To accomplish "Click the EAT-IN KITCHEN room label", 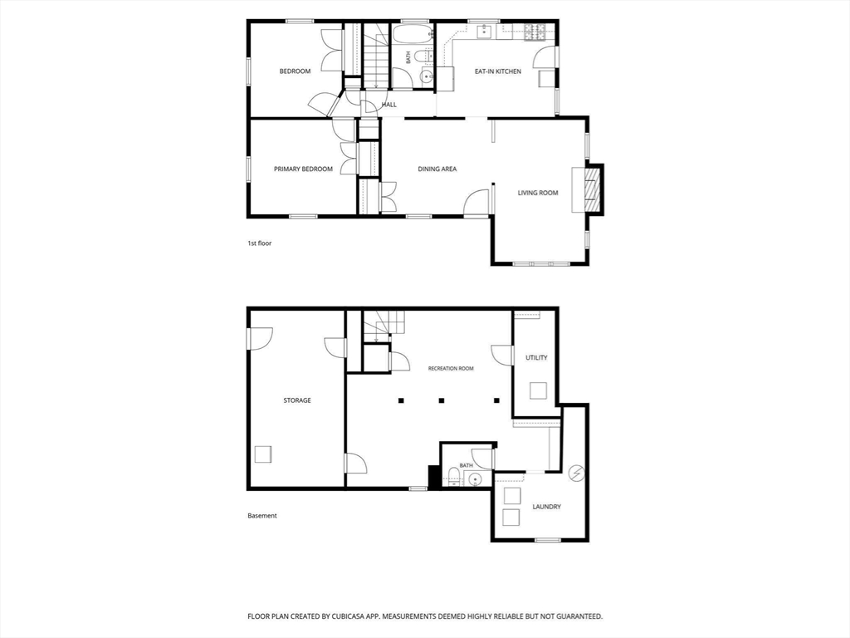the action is click(x=498, y=71).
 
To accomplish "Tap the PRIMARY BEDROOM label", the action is click(x=303, y=169).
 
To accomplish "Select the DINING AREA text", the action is click(x=437, y=169).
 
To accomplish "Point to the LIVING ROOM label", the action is click(x=538, y=193).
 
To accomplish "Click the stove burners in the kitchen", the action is click(x=535, y=33).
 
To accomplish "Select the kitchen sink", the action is click(x=484, y=32).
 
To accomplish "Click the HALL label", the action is click(x=389, y=105).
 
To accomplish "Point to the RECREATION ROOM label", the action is click(x=451, y=368).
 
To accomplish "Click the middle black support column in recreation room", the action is click(x=442, y=401).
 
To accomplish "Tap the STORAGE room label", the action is click(x=297, y=400).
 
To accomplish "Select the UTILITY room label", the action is click(x=536, y=357).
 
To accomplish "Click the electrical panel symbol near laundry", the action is click(x=576, y=474).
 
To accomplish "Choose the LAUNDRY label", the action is click(x=546, y=507).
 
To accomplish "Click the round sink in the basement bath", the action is click(x=476, y=479).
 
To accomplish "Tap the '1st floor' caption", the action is click(x=260, y=243).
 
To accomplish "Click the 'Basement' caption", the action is click(x=262, y=516).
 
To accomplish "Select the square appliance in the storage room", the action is click(x=263, y=454).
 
